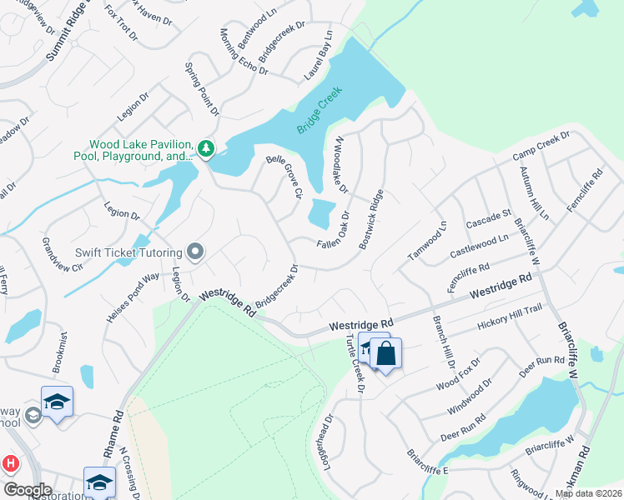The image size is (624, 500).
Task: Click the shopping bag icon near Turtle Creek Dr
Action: point(387,353)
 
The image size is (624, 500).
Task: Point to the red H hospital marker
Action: point(10,463)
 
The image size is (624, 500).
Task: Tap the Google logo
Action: point(27,490)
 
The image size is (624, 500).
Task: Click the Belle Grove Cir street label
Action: point(284,176)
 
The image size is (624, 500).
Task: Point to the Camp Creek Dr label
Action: point(541,145)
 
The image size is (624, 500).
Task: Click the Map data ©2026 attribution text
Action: point(588,493)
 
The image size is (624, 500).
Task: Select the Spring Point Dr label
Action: point(202,87)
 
